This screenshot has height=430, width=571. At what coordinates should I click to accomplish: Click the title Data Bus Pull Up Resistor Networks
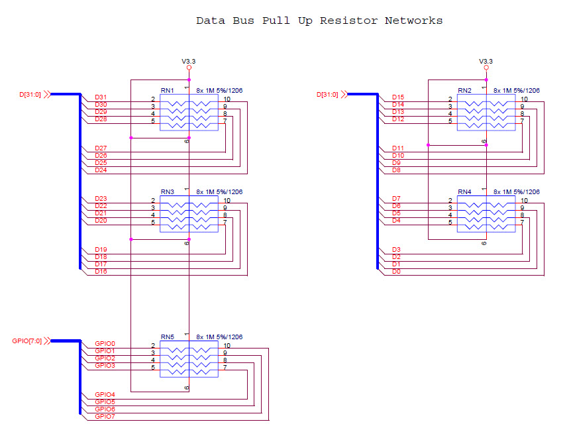319,21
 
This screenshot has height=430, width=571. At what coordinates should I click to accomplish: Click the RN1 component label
167,91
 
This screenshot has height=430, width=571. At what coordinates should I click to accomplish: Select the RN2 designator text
464,91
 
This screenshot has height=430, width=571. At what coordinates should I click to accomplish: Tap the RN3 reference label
167,192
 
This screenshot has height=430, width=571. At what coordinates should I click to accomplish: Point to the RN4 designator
464,192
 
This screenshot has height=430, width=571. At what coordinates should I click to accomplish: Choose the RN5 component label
167,337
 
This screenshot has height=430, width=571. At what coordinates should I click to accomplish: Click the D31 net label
101,97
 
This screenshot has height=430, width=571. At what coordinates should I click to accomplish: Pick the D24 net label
101,170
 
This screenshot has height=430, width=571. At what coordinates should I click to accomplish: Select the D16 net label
101,271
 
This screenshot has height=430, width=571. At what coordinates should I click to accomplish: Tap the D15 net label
397,97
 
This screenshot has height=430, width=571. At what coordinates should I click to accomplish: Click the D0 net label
395,271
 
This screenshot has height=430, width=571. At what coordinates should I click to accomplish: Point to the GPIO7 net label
105,416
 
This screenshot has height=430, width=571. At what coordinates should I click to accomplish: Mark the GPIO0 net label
105,344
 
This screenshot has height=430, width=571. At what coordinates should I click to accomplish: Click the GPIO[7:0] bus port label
26,341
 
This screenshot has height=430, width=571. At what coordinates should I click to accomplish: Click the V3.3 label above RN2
486,61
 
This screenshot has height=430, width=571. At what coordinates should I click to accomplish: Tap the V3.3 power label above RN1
189,61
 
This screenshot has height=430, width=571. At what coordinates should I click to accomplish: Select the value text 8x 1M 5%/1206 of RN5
219,337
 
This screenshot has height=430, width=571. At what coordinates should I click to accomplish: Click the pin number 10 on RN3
227,200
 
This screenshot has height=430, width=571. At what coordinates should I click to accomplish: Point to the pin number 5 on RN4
450,222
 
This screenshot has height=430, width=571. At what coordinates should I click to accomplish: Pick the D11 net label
397,148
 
